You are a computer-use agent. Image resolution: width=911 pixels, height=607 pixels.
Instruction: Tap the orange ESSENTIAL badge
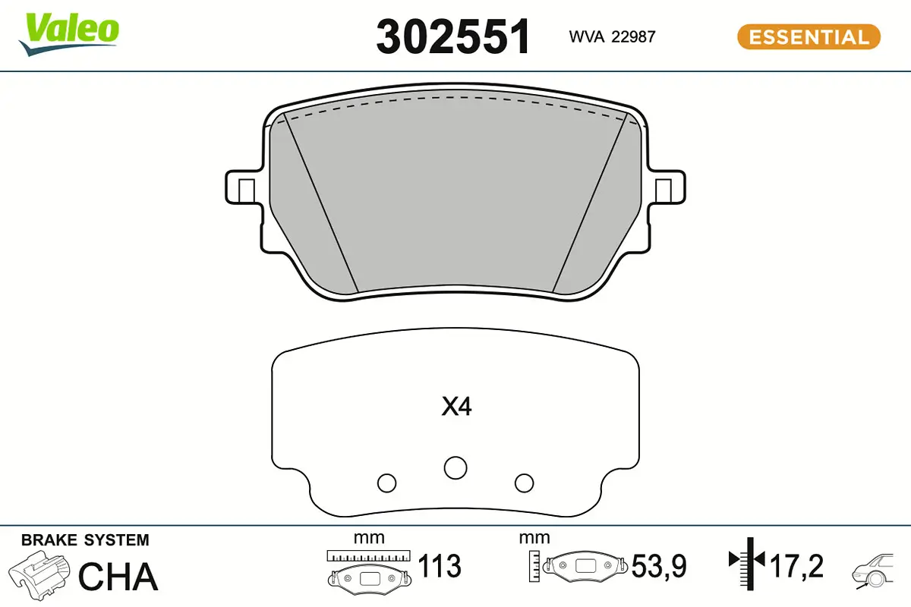[x=809, y=36]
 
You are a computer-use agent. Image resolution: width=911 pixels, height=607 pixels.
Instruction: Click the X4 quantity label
[x=457, y=407]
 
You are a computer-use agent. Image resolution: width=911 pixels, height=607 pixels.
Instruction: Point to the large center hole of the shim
[x=455, y=467]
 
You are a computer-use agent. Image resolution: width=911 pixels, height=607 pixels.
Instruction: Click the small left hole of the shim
[x=386, y=482]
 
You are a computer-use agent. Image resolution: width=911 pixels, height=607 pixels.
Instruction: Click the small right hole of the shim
[x=524, y=482]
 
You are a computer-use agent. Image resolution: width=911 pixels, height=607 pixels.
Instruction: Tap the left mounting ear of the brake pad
[x=242, y=188]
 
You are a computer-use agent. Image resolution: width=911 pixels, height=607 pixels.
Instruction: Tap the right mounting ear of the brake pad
[x=669, y=188]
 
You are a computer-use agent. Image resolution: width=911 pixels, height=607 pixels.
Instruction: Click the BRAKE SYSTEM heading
[x=85, y=540]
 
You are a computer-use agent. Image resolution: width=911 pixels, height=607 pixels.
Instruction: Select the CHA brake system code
[x=118, y=577]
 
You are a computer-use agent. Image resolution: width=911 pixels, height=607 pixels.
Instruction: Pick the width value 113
[x=440, y=566]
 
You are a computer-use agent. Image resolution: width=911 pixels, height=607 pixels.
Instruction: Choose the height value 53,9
[x=659, y=566]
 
